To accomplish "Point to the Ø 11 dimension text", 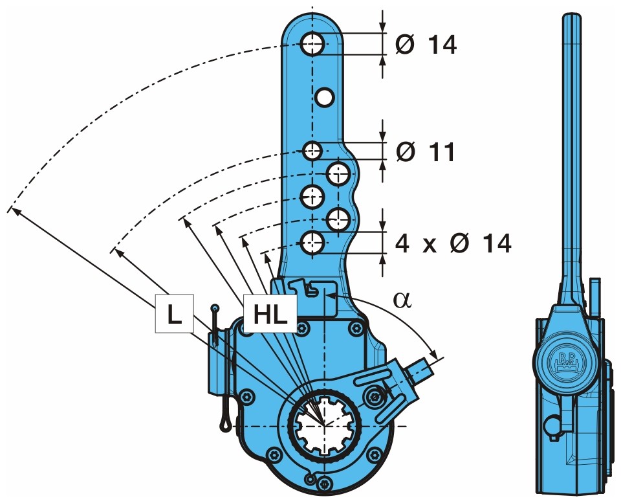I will point(426,151).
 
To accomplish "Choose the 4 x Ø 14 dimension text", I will point(453,243).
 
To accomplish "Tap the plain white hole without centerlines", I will point(323,97).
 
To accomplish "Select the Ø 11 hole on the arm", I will point(312,151).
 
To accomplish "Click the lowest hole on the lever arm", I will point(312,243).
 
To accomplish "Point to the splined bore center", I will point(323,425).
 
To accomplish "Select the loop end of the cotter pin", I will point(224,424).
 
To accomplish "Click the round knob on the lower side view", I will point(553,425).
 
